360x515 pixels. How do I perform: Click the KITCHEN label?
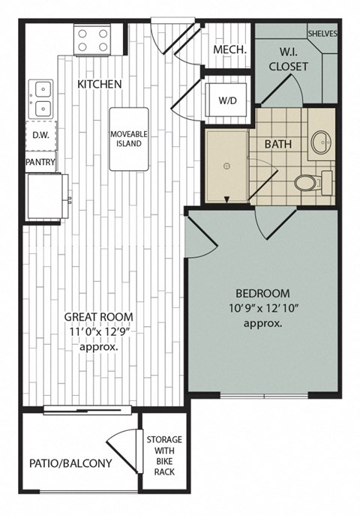[99, 84]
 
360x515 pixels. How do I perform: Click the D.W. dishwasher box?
[38, 136]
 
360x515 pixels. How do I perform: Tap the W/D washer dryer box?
[227, 100]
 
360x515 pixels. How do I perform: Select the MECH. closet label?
[226, 50]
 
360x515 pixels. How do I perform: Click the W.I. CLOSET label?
[289, 59]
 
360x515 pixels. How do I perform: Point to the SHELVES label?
[322, 34]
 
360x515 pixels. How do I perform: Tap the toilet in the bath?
[307, 181]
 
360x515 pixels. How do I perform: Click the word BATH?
[277, 142]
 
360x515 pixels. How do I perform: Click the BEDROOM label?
[262, 293]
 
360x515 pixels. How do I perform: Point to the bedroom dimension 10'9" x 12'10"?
[262, 308]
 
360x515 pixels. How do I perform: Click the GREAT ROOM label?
[100, 316]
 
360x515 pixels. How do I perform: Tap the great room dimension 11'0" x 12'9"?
[100, 332]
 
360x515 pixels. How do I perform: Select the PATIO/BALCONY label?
[70, 463]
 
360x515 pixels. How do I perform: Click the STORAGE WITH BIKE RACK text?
[163, 454]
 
